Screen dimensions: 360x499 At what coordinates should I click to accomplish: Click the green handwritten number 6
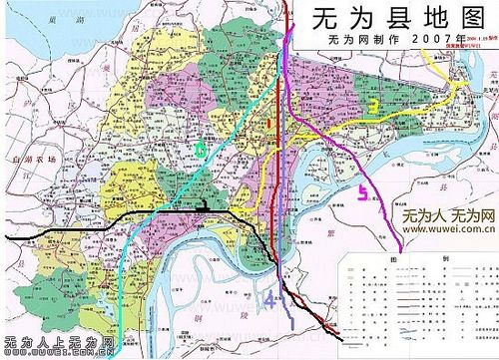click(x=201, y=150)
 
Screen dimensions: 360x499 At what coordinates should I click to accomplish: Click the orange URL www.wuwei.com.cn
click(x=448, y=228)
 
